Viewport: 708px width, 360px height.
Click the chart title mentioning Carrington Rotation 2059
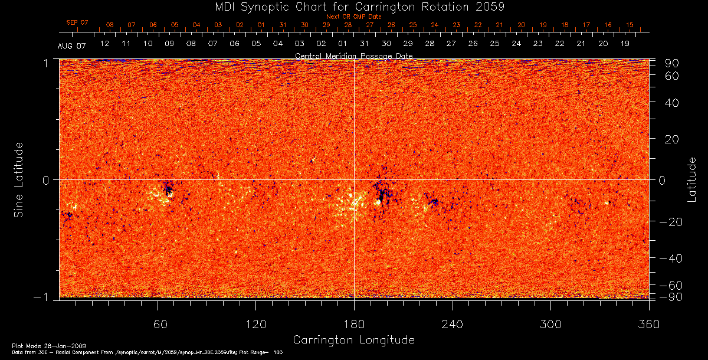coord(353,6)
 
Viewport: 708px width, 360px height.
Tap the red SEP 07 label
coord(77,22)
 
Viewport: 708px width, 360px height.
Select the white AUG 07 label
coord(72,46)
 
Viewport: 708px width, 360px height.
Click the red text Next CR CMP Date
coord(353,17)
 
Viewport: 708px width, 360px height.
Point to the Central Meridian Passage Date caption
coord(353,56)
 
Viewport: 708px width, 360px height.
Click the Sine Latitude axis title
coord(19,179)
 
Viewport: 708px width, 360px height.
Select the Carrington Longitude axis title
coord(353,340)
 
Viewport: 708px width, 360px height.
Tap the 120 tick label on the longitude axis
coord(256,324)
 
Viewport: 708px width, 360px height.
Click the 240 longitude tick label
coord(453,324)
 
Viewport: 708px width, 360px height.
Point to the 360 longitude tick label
coord(649,324)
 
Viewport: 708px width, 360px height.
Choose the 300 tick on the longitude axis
coord(550,324)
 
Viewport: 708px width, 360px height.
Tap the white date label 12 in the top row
coord(104,44)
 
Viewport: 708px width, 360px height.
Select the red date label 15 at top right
coord(630,25)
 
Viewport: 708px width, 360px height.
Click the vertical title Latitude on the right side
coord(692,179)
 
